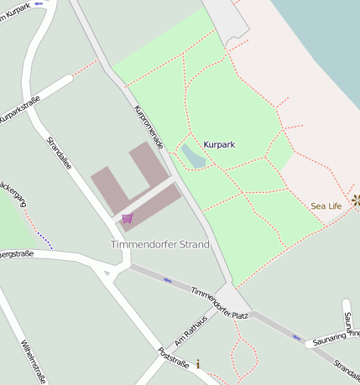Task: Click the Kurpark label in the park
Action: coord(219,144)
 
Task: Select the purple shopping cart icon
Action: coord(127,218)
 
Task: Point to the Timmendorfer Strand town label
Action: coord(159,244)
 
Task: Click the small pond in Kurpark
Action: coord(192,155)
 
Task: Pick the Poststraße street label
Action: coord(171,367)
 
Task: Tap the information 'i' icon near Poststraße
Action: coord(198,364)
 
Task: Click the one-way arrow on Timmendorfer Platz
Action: coord(168,279)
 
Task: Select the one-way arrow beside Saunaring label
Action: coord(296,337)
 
